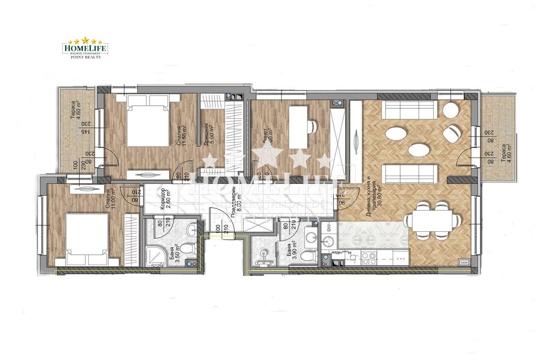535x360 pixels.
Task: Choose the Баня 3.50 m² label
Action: tap(173, 254)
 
